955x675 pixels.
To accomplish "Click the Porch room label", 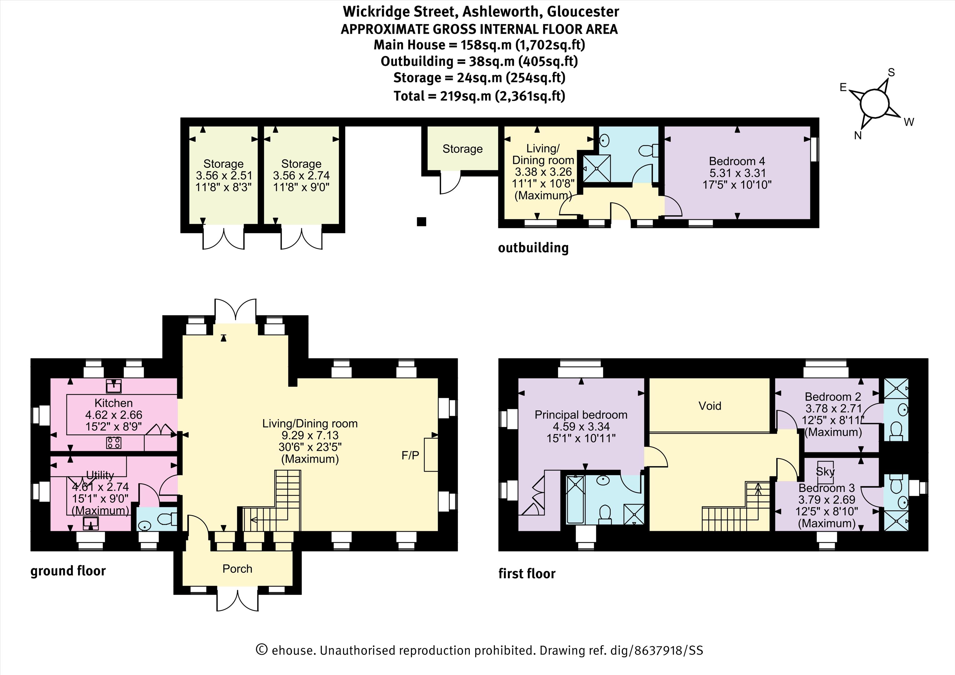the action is coord(237,569).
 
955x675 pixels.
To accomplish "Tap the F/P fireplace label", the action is coord(410,456).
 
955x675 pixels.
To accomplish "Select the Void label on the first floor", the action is coord(709,406).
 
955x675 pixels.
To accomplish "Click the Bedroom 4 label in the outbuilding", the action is coord(737,161).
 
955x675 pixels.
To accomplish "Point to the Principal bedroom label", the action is coord(581,415).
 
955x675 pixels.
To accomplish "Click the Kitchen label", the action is coord(113,403).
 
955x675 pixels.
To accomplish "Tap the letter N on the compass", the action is coord(858,136).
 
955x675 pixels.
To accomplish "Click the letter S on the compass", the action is coord(891,72).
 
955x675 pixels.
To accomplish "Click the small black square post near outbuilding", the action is coord(422,221).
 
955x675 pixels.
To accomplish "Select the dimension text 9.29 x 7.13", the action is coord(310,435).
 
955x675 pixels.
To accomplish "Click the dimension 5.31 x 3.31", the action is coord(737,173).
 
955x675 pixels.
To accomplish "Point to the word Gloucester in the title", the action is coord(583,12).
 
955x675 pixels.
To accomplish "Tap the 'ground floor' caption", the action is coord(68,571).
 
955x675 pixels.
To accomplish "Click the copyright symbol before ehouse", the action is coord(261,650).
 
